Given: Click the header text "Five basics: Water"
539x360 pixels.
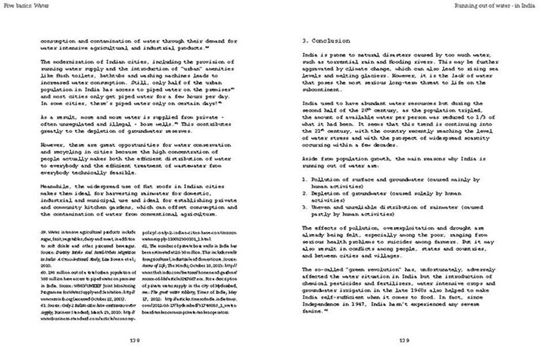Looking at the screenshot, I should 22,5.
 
